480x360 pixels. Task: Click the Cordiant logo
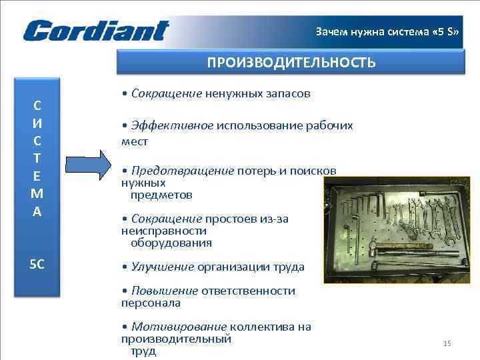[x=96, y=31]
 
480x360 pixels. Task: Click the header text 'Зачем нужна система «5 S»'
[x=387, y=31]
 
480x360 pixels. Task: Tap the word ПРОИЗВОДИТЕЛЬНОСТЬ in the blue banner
[x=291, y=63]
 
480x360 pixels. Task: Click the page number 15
[x=447, y=343]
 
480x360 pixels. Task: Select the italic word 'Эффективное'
[x=172, y=125]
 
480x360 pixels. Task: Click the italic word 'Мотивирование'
[x=180, y=327]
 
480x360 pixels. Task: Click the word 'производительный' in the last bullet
[x=176, y=339]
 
